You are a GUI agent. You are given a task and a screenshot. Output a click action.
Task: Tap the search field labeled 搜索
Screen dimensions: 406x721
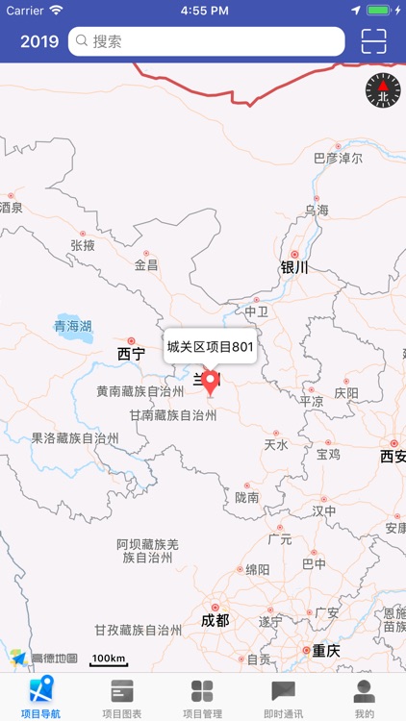207,41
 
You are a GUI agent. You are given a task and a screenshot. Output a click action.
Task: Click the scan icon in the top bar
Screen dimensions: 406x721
373,41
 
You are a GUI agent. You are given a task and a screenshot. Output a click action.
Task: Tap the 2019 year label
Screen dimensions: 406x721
39,41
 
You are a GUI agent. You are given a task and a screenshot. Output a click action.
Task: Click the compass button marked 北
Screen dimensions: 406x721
382,90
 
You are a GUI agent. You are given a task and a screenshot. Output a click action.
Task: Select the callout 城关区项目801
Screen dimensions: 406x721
209,347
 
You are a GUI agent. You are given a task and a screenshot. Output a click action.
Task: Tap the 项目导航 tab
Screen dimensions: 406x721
40,698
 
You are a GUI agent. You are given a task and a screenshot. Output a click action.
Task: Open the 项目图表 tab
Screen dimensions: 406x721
122,698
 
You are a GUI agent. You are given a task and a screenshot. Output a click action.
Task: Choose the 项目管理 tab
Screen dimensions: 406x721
203,698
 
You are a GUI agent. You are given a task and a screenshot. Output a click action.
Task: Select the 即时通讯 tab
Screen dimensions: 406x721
284,698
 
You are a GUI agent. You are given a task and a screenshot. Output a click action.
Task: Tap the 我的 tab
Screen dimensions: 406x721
364,698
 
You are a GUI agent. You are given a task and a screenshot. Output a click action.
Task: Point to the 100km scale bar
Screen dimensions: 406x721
109,659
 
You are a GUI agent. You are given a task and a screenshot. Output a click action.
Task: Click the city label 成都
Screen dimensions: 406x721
215,620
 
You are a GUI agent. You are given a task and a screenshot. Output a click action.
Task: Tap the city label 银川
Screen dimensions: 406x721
293,268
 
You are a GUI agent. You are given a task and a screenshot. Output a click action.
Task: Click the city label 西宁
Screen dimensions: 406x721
131,354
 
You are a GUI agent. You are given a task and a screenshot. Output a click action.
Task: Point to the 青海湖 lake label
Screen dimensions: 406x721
73,327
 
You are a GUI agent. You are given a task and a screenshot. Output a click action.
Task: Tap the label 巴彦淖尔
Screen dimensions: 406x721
338,158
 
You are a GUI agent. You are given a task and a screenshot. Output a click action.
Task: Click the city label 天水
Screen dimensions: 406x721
276,444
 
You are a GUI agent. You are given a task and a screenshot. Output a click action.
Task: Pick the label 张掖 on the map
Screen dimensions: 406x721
83,245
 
